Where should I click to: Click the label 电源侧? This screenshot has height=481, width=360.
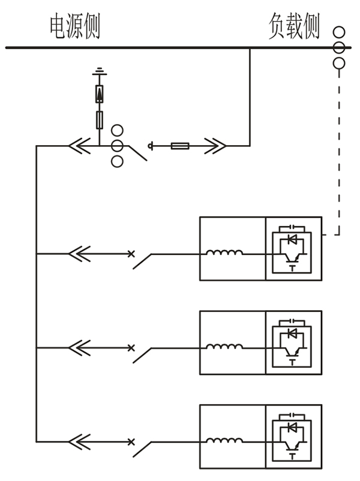click(x=74, y=28)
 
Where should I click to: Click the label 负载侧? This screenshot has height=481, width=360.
click(x=294, y=27)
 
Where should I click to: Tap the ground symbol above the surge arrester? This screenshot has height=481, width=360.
click(x=100, y=73)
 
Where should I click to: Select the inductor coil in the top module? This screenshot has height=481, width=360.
click(x=224, y=253)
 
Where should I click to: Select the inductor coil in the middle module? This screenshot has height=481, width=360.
click(x=224, y=347)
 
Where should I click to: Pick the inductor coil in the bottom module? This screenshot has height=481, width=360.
click(x=224, y=441)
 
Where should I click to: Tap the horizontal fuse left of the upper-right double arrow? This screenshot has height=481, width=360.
click(x=181, y=145)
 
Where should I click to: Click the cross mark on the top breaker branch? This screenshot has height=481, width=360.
click(x=131, y=254)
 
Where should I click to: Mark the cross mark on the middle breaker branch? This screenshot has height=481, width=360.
click(x=131, y=347)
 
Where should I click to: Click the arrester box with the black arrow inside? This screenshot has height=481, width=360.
click(x=100, y=94)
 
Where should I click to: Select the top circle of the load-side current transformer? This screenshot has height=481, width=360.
click(x=340, y=32)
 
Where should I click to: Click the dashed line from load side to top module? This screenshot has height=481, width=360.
click(x=340, y=150)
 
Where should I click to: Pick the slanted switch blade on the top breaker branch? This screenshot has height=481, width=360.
click(x=142, y=261)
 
